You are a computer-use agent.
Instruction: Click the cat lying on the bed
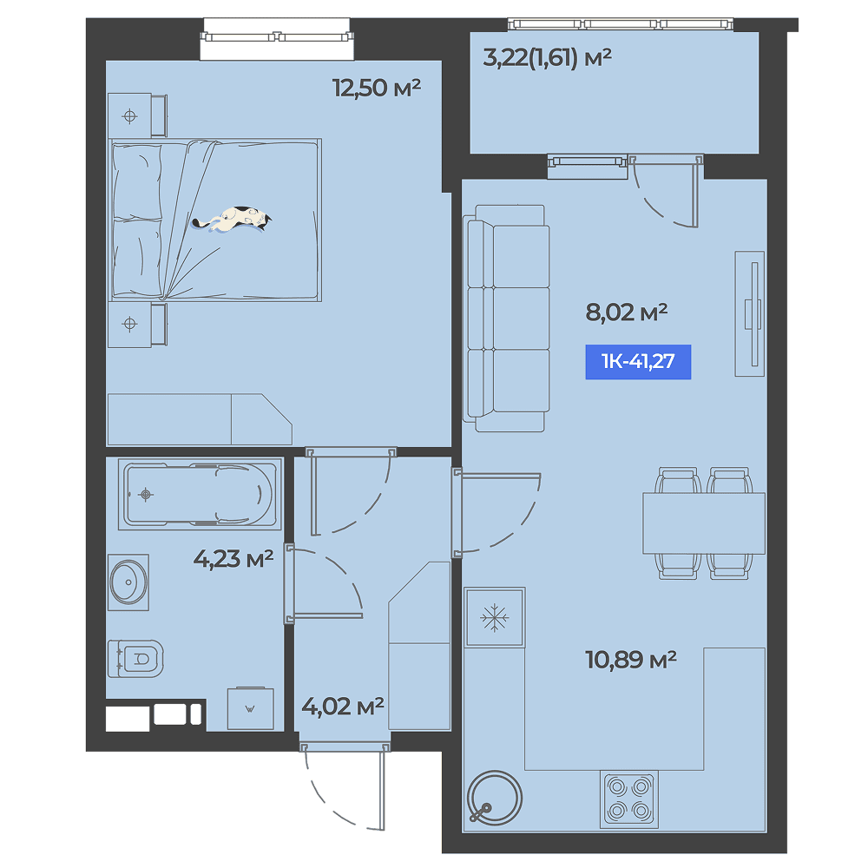click(233, 220)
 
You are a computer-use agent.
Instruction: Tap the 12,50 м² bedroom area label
click(377, 88)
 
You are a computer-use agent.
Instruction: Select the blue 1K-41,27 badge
click(638, 361)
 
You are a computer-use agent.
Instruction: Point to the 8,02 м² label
click(626, 312)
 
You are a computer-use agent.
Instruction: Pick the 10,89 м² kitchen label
click(630, 660)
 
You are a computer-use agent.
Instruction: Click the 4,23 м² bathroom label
click(233, 558)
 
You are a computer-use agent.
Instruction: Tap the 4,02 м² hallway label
click(343, 706)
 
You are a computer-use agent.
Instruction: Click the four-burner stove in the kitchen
click(629, 799)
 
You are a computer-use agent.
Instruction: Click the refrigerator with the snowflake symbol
click(495, 617)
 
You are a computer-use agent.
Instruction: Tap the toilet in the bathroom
click(135, 659)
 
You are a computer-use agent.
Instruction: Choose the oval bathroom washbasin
click(128, 582)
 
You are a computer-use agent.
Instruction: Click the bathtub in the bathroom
click(198, 495)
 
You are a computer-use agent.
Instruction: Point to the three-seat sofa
click(507, 319)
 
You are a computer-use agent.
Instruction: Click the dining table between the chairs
click(704, 523)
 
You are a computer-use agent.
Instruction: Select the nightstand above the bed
click(137, 115)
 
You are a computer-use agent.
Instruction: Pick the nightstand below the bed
click(137, 325)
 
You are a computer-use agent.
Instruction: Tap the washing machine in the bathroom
click(251, 708)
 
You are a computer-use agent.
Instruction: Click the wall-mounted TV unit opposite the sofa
click(750, 314)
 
